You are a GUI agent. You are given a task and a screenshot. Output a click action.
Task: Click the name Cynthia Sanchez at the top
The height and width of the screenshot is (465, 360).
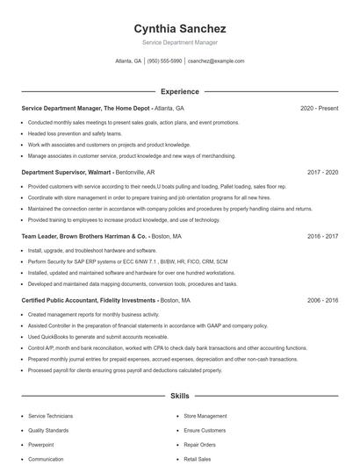(x=179, y=28)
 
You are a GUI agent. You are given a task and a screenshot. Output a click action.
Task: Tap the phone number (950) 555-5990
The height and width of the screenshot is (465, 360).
(x=164, y=61)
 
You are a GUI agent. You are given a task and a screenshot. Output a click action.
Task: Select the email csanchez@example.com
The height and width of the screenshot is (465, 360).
(x=216, y=61)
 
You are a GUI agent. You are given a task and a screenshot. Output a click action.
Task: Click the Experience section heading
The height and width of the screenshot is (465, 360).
(x=179, y=91)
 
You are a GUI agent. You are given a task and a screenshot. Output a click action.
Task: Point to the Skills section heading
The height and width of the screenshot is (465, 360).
(x=179, y=397)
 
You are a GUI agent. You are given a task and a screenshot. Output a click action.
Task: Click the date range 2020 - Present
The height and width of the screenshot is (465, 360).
(x=319, y=108)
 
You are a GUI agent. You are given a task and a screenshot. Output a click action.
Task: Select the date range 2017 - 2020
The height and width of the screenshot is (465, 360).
(x=322, y=172)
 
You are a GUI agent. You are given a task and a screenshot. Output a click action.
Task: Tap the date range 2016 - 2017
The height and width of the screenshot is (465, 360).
(x=322, y=236)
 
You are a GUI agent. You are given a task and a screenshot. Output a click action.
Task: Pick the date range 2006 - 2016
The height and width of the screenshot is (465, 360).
(x=322, y=300)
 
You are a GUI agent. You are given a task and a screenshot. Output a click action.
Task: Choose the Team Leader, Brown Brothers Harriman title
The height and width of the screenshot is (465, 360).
(x=83, y=236)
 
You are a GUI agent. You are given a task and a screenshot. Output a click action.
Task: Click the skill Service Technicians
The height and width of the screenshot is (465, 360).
(x=50, y=416)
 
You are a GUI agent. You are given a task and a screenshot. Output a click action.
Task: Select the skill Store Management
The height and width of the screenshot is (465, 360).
(x=205, y=416)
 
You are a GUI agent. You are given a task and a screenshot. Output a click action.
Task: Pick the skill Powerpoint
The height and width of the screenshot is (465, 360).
(x=40, y=445)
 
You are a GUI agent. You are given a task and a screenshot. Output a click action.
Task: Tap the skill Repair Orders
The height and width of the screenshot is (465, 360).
(x=199, y=445)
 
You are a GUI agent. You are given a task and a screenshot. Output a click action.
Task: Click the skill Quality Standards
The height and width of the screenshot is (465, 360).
(x=48, y=431)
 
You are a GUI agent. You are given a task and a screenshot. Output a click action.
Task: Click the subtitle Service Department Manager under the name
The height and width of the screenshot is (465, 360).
(x=179, y=42)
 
